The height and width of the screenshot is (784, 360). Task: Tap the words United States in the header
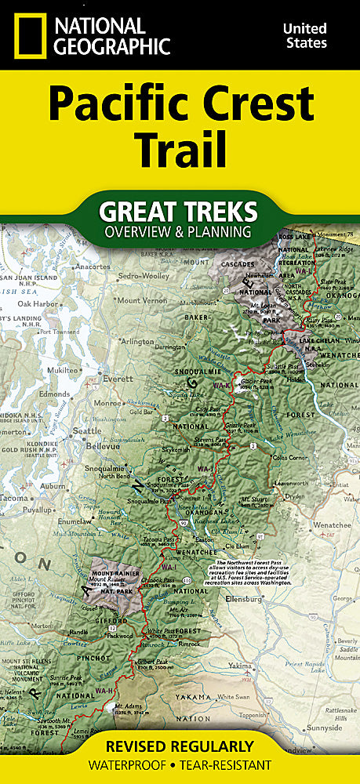(304, 35)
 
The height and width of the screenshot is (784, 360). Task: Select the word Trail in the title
(180, 148)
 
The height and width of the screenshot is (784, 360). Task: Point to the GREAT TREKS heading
(180, 211)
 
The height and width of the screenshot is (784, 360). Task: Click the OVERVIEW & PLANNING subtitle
(180, 231)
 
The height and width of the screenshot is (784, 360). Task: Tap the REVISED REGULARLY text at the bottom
(180, 746)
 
